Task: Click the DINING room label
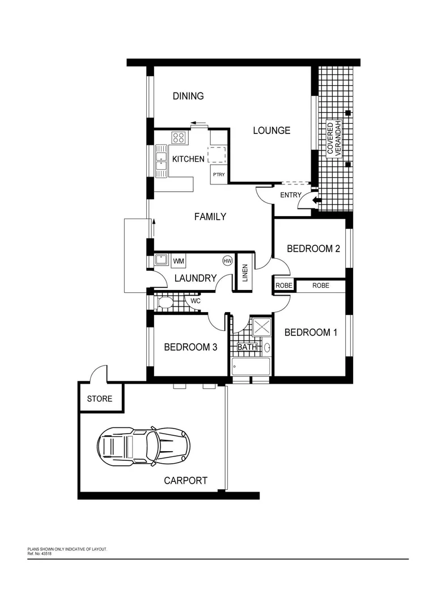click(x=188, y=96)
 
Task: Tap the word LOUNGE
click(x=271, y=131)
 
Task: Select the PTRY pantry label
click(x=219, y=175)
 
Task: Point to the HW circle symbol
click(x=228, y=261)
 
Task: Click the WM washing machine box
click(x=179, y=261)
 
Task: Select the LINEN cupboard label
click(x=245, y=273)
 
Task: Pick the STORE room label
click(x=100, y=399)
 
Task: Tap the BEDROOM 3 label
click(x=190, y=347)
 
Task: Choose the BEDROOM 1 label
click(x=311, y=333)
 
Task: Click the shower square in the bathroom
click(x=262, y=326)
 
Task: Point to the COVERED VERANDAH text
click(x=334, y=140)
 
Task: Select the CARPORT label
click(x=185, y=481)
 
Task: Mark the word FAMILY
click(x=210, y=216)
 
